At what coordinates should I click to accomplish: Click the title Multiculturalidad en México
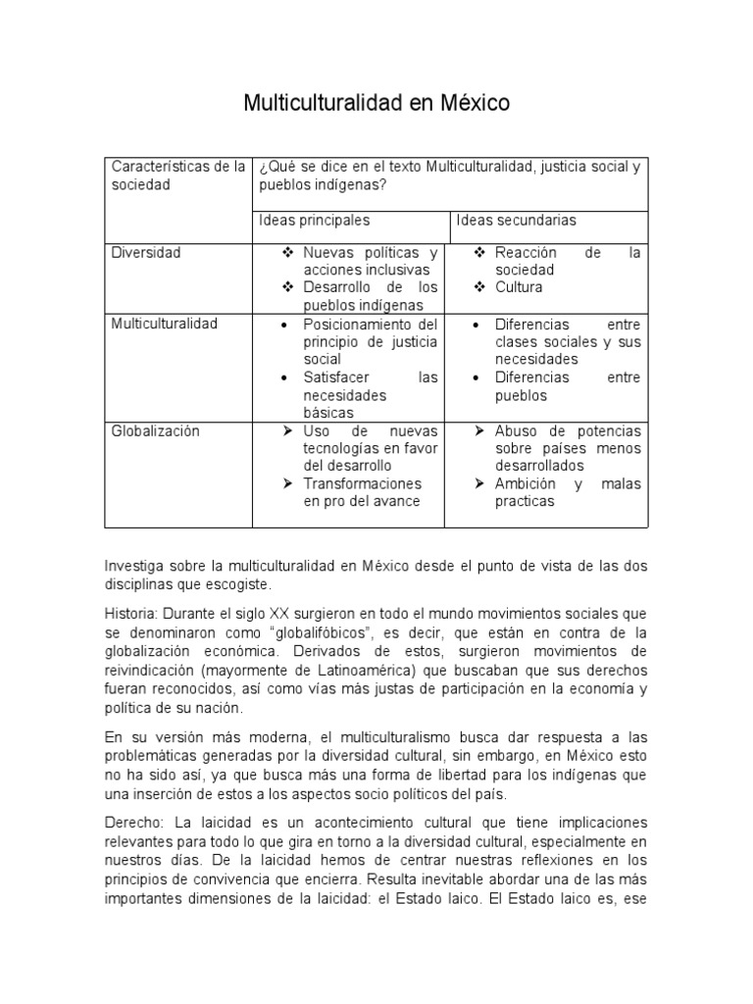pos(376,103)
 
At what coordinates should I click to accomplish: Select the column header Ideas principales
pos(315,221)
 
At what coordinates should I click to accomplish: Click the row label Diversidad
pos(146,253)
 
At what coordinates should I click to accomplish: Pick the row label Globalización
pos(156,430)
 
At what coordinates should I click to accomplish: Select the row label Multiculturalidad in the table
pos(164,323)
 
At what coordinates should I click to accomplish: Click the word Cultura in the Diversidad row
pos(519,287)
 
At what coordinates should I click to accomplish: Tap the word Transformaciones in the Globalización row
pos(363,483)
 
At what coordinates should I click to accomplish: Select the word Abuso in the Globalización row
pos(517,430)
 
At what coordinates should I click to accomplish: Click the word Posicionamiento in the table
pos(355,324)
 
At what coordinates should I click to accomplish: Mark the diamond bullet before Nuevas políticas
pos(288,253)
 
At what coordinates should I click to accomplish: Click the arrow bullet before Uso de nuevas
pos(288,430)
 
